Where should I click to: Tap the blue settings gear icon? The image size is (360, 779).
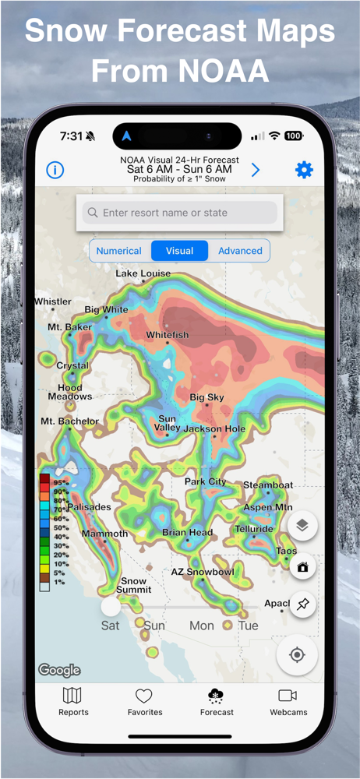coord(304,170)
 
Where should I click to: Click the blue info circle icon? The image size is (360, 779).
coord(55,170)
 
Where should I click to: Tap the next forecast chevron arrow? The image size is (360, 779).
coord(256,170)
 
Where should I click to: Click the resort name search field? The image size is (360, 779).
coord(180,213)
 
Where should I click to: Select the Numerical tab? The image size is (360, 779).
coord(119,251)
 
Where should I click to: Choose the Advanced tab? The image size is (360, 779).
coord(240,251)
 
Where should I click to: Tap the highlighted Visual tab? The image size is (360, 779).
coord(179,251)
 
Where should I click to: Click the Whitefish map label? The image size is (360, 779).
coord(168,335)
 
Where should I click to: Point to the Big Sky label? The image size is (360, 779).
coord(206,398)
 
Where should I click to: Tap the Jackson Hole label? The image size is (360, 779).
coord(214,429)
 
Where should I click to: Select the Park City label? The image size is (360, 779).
coord(205,481)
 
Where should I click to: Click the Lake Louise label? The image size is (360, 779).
coord(143,273)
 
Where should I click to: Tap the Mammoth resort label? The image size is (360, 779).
coord(105,534)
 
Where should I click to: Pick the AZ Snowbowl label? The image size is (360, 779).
coord(203,572)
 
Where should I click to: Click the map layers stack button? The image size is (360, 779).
coord(302,526)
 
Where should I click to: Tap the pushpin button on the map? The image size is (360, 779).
coord(302,604)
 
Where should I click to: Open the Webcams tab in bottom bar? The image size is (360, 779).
coord(288,701)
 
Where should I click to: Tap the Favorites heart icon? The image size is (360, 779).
coord(145,696)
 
